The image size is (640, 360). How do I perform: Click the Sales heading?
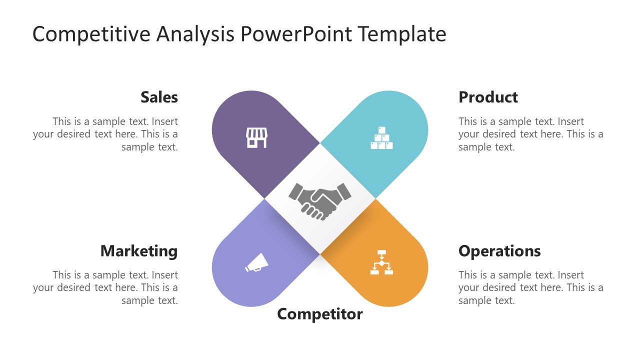click(x=159, y=97)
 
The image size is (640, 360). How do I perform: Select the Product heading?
click(x=488, y=97)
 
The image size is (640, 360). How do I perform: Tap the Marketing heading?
click(x=139, y=250)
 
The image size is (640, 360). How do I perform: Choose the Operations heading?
click(x=499, y=250)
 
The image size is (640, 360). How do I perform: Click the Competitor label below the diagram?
click(x=320, y=314)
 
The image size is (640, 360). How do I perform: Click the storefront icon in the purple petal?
click(x=256, y=137)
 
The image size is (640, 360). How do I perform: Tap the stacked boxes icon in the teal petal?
click(x=381, y=138)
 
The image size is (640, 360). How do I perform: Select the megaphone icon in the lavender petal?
click(x=256, y=263)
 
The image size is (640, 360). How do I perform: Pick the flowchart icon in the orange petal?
click(x=381, y=262)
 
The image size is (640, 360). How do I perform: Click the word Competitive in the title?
click(x=91, y=34)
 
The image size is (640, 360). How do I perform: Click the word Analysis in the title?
click(x=195, y=34)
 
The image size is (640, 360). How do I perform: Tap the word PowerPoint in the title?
click(x=297, y=34)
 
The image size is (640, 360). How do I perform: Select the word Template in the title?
click(x=402, y=34)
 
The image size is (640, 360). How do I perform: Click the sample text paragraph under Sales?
click(x=105, y=134)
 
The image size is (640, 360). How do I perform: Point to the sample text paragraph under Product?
click(x=530, y=134)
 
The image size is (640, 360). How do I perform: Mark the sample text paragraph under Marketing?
click(x=105, y=287)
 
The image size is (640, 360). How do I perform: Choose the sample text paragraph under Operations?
click(x=530, y=287)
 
